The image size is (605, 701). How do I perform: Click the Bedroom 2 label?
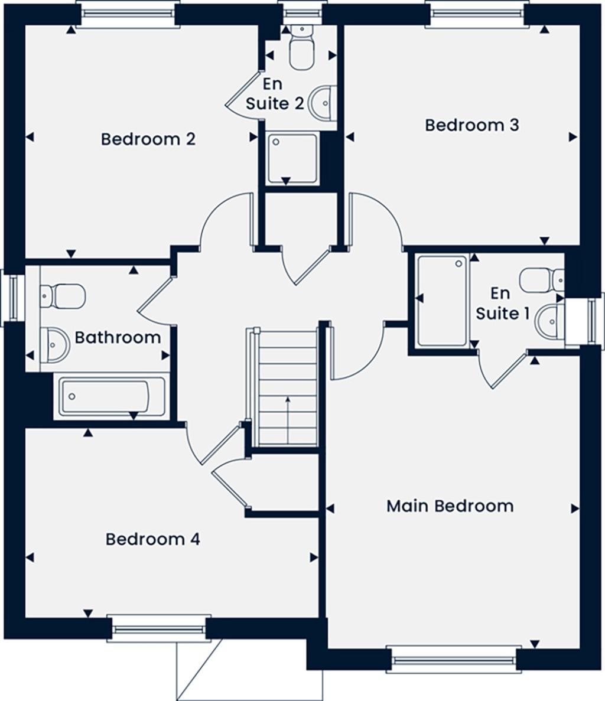(x=148, y=139)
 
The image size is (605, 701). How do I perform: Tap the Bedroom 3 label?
(x=472, y=125)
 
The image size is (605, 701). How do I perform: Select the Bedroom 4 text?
(x=152, y=539)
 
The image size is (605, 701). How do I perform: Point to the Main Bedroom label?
(x=450, y=506)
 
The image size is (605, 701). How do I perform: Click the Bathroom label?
(x=118, y=338)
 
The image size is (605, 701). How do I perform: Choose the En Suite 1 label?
(x=502, y=303)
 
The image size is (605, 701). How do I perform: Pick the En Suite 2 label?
(x=275, y=94)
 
